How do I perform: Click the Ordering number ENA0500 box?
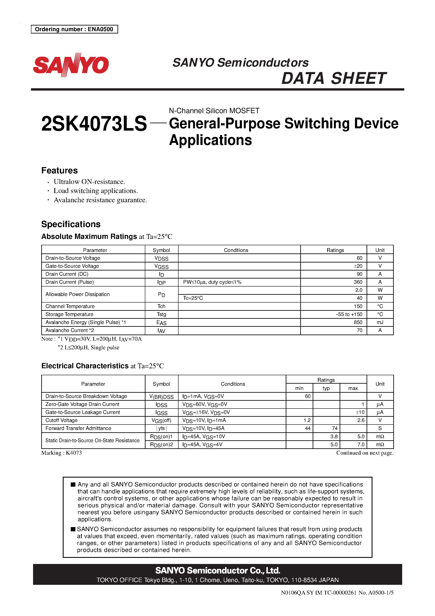(x=74, y=29)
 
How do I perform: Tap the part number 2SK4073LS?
(x=94, y=124)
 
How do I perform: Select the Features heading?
(x=60, y=171)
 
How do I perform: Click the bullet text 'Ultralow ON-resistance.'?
(x=89, y=182)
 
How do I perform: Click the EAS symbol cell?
(x=161, y=323)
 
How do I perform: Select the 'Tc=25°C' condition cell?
(x=193, y=298)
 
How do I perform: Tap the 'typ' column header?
(x=326, y=388)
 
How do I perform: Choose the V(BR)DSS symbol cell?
(x=161, y=396)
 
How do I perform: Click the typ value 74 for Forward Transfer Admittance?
(x=334, y=429)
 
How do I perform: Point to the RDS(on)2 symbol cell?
(x=161, y=445)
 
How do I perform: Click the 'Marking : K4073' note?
(x=61, y=453)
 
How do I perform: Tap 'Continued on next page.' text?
(x=365, y=453)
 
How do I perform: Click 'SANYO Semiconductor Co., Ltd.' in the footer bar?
(x=217, y=570)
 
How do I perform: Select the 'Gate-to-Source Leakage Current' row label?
(x=83, y=412)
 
